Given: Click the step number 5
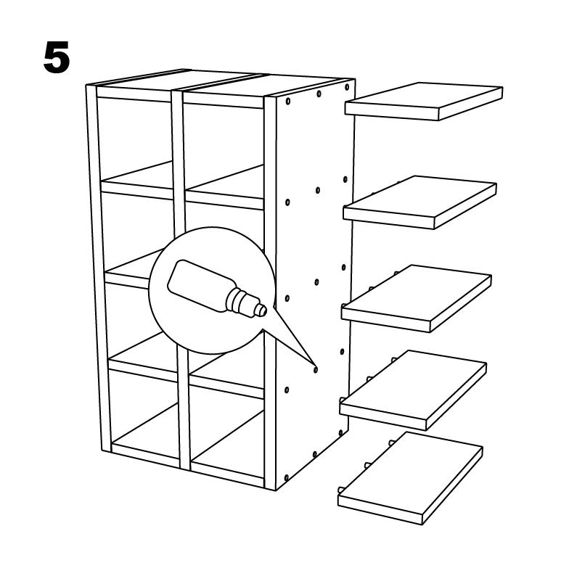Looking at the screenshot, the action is [x=57, y=57].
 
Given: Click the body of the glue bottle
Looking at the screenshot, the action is [x=201, y=286].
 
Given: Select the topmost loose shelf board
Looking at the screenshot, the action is [x=424, y=101].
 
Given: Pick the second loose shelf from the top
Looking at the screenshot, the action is [x=420, y=202].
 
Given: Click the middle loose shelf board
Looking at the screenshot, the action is [x=416, y=298].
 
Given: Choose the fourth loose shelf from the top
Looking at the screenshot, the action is [x=413, y=390].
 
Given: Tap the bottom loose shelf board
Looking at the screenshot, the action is [x=410, y=478].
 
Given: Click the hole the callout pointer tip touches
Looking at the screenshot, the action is [x=316, y=370].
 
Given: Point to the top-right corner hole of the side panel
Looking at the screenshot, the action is [x=347, y=87].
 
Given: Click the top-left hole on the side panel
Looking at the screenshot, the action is [x=287, y=101].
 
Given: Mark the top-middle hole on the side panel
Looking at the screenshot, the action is [x=319, y=94].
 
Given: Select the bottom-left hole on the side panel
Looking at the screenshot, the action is [x=287, y=478].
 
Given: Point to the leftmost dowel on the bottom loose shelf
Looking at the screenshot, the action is [x=340, y=490].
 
